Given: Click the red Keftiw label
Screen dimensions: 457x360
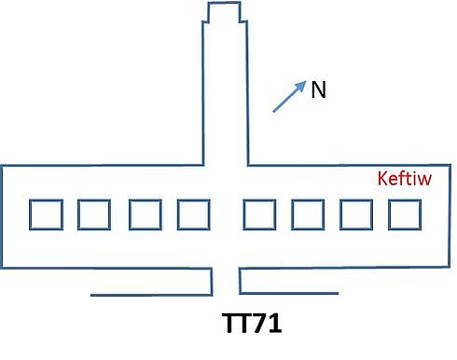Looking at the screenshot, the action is pos(405,178).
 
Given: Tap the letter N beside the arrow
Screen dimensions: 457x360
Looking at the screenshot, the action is pos(318,90).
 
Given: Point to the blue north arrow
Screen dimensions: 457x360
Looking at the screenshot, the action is pos(289,96).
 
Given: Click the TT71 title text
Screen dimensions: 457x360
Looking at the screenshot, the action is pos(252,324).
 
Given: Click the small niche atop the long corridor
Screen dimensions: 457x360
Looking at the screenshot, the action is pos(224,3).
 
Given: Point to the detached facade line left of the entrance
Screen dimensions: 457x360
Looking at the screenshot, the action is pos(151,295).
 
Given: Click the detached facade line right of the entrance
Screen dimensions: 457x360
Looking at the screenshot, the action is pos(289,293).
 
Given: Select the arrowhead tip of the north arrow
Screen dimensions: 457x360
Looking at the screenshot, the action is pos(306,81).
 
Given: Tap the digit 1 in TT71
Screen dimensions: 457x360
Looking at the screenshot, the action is pos(273,324).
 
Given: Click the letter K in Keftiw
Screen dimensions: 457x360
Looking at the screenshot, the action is pos(382,178).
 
